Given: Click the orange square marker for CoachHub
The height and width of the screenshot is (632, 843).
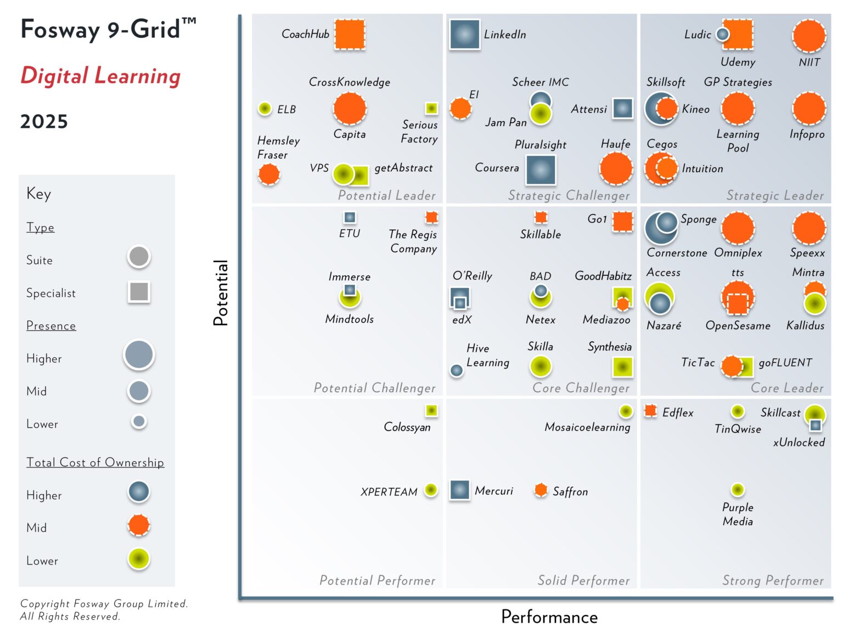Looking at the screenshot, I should tap(350, 35).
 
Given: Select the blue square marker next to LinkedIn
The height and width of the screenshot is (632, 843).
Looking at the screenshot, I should tap(464, 35).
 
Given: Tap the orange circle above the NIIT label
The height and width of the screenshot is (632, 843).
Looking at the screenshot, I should tap(809, 36).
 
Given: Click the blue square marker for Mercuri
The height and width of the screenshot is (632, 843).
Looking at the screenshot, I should tap(459, 490).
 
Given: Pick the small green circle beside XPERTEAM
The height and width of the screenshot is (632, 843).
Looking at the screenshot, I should tap(431, 490).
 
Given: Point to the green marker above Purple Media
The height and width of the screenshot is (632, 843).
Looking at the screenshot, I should tap(738, 489).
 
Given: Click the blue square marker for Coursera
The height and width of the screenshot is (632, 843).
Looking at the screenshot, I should tap(541, 170).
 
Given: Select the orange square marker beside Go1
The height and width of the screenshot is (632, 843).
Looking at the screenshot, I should tap(623, 222).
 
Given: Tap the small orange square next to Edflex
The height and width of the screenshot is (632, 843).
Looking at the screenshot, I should tap(650, 411).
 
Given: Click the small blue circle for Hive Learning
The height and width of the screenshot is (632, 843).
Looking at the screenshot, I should tap(456, 371).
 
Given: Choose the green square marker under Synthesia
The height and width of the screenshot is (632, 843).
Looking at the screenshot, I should tap(622, 366).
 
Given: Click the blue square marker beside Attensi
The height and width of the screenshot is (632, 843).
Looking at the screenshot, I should tap(622, 109).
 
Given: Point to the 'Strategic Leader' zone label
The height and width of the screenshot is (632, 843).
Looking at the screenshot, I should tap(774, 195).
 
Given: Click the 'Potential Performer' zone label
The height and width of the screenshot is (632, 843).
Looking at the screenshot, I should tap(377, 580).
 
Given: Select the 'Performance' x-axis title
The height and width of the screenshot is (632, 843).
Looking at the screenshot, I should tap(549, 617).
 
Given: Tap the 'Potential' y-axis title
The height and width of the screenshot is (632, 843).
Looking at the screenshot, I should tap(221, 293).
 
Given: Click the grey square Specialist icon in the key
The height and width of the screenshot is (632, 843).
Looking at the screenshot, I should tap(139, 292).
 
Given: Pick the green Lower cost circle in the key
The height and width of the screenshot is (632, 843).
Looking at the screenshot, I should tap(139, 559).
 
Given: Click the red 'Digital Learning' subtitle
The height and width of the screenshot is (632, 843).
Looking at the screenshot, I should tap(100, 76).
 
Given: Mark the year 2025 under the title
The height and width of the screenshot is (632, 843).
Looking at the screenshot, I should tap(44, 121).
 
